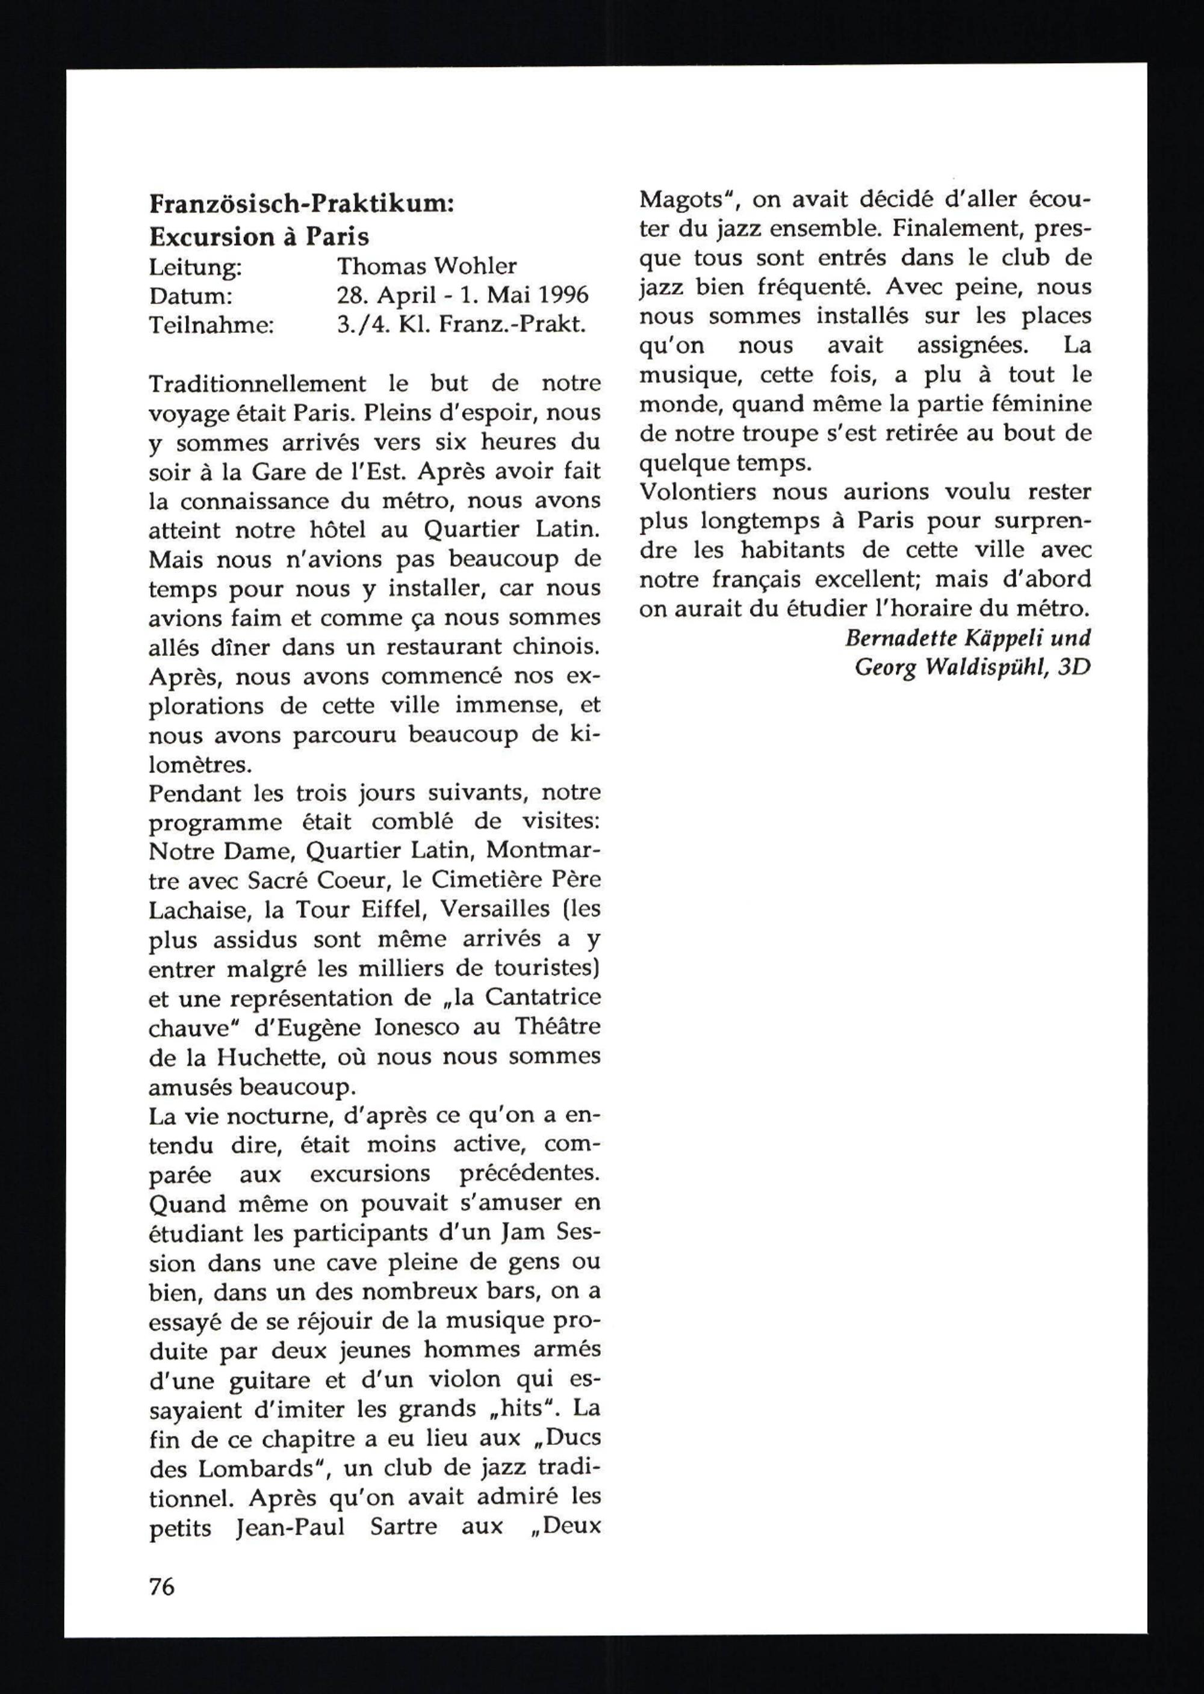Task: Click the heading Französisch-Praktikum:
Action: click(x=302, y=204)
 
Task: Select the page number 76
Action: click(x=161, y=1586)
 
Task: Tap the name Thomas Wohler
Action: click(x=426, y=266)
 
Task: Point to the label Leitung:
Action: click(x=195, y=267)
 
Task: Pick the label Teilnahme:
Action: click(x=211, y=326)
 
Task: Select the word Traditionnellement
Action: click(x=257, y=384)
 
